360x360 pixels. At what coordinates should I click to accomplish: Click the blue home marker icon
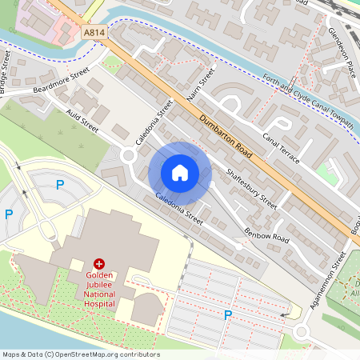180,173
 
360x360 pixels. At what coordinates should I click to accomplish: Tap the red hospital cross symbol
99,263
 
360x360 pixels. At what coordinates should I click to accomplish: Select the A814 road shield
94,33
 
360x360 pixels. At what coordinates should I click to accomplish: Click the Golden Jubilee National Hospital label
100,287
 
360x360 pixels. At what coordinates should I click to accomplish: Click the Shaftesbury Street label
251,188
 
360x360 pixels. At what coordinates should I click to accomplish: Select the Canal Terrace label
280,147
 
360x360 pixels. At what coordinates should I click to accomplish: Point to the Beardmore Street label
61,82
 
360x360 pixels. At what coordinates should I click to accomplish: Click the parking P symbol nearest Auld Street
59,185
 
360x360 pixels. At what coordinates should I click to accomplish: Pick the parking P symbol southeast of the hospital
228,315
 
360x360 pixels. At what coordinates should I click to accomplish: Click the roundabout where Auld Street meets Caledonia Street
129,155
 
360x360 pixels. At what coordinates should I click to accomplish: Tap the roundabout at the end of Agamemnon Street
302,332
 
